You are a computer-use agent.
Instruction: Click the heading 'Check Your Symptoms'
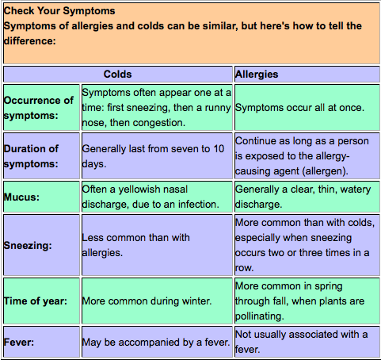pos(59,11)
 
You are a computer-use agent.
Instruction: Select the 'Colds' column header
pos(117,75)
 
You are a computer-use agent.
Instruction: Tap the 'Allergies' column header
pos(257,75)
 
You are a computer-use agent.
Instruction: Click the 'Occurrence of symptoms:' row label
pos(39,108)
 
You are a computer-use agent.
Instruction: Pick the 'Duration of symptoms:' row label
pos(31,156)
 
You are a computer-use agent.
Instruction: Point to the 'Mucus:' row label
pos(21,197)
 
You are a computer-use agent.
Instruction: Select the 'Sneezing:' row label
pos(28,246)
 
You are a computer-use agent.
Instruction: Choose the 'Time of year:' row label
pos(36,301)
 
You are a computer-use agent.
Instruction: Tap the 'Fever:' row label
pos(19,343)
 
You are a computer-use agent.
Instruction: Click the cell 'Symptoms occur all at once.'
pos(299,108)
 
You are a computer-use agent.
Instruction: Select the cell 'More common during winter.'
pos(147,301)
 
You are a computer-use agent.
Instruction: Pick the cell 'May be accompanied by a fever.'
pos(156,343)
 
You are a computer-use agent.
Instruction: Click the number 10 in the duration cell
pos(219,149)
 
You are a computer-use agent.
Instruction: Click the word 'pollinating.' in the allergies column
pos(259,316)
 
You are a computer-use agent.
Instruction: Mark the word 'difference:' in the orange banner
pos(30,41)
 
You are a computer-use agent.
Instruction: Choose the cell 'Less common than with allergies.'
pos(135,245)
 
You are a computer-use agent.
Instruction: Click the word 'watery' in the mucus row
pos(356,190)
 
